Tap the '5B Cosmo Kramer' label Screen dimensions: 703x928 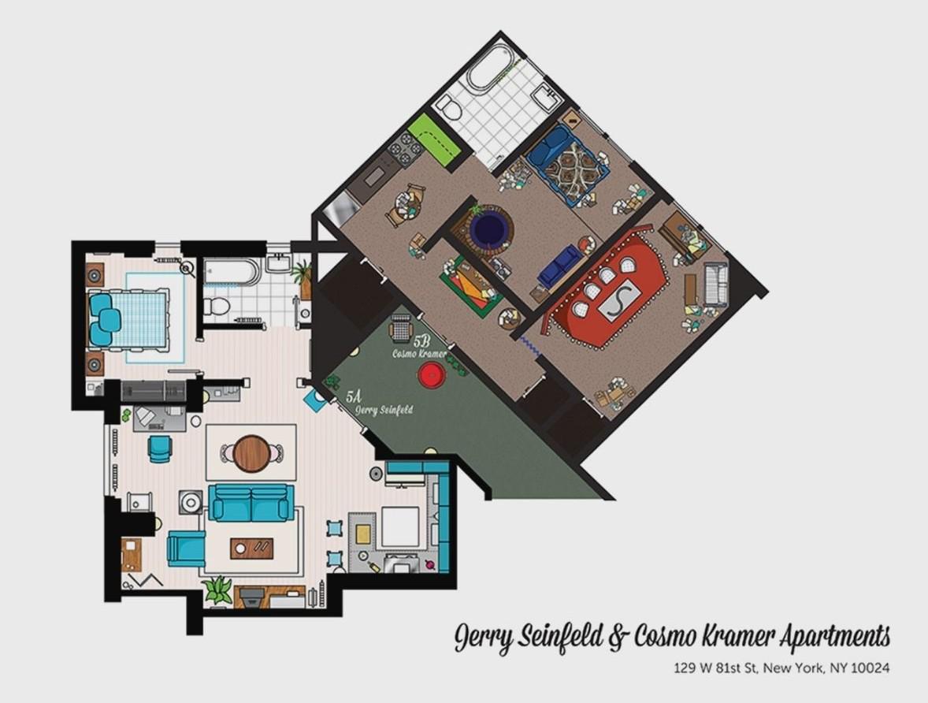[x=420, y=348]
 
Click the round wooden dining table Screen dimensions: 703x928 [x=251, y=453]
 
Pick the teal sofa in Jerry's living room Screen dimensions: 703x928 [x=251, y=502]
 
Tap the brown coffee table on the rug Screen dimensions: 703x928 [x=252, y=548]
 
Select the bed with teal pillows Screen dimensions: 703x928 [x=130, y=319]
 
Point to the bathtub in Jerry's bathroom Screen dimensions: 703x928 [x=231, y=273]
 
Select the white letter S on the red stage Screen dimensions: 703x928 [x=618, y=301]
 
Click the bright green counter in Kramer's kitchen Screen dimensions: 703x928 [x=432, y=141]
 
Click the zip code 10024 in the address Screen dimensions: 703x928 [x=870, y=668]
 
